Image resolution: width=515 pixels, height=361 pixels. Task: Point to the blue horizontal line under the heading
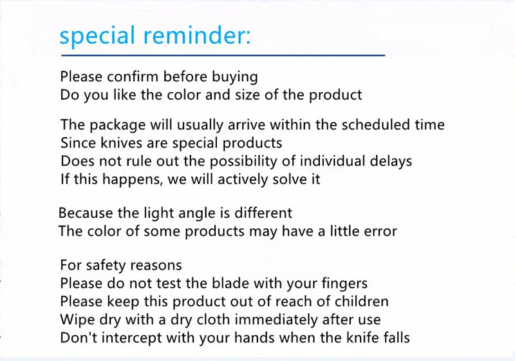223,55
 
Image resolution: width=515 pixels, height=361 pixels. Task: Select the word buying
234,77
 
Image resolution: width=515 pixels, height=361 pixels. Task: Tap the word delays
391,162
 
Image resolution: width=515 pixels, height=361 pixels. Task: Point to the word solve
284,179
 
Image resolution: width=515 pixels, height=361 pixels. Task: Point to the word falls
397,338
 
